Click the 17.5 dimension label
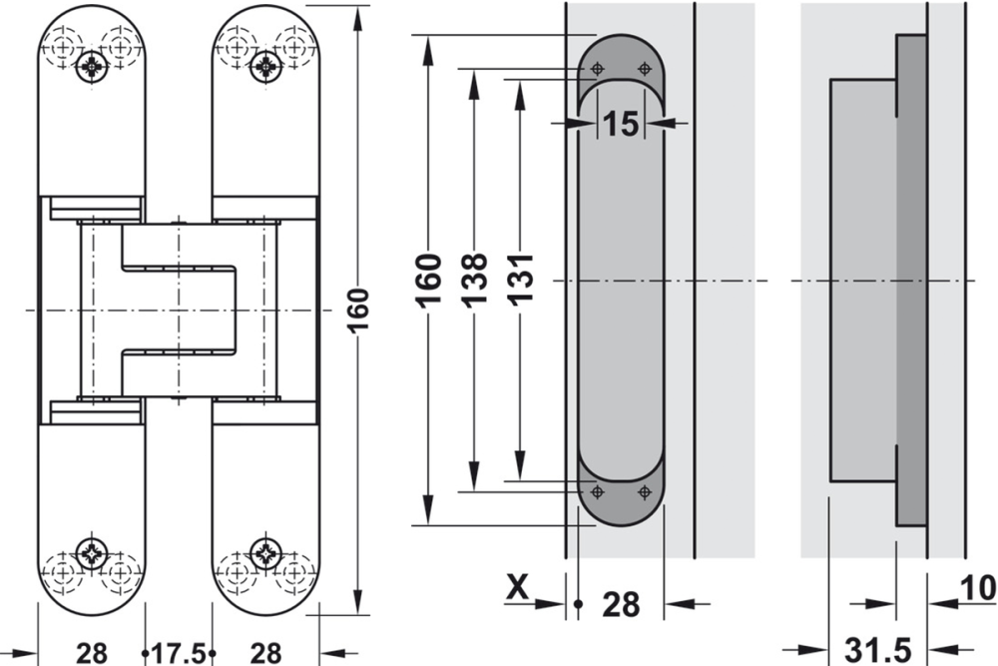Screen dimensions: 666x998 point(180,653)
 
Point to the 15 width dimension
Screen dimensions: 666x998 point(620,124)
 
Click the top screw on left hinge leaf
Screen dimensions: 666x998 point(93,67)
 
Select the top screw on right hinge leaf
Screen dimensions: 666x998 point(265,67)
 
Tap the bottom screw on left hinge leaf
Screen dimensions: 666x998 point(93,550)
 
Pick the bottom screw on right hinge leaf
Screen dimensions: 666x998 point(265,550)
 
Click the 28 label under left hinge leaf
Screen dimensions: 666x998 point(92,653)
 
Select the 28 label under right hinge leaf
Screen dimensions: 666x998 point(264,653)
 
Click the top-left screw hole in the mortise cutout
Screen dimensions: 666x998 point(597,68)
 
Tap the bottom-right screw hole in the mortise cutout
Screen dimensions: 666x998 point(643,491)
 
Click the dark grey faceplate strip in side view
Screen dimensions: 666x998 point(911,280)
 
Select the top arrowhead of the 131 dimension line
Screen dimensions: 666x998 point(520,89)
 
